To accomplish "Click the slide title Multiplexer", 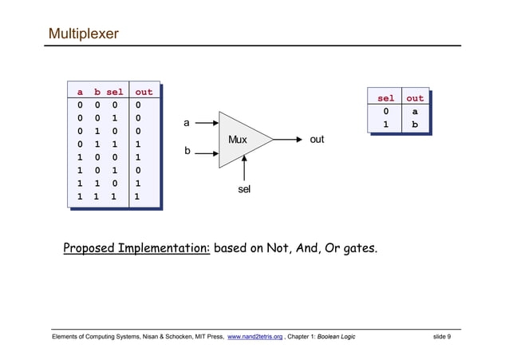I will click(x=84, y=34).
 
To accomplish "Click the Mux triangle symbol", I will click(x=239, y=140).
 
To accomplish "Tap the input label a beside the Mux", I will click(x=187, y=123).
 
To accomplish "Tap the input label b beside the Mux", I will click(x=187, y=150).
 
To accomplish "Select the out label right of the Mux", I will click(x=317, y=140).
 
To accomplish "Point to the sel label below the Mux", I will click(x=245, y=189).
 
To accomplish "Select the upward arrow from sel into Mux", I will click(x=245, y=168).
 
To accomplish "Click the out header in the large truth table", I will click(x=144, y=92).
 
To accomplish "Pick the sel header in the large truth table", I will click(x=115, y=92).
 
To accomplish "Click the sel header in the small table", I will click(x=385, y=98).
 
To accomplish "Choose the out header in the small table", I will click(x=415, y=98).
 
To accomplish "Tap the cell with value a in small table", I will click(x=415, y=112).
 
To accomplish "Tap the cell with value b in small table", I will click(x=415, y=125).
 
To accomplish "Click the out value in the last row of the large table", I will click(x=137, y=196).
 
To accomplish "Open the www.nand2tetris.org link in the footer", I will click(x=255, y=337).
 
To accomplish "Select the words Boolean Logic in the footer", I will click(x=336, y=337).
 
